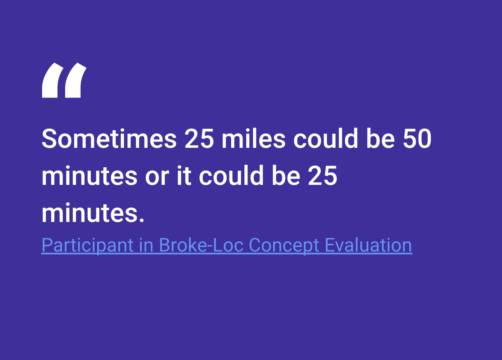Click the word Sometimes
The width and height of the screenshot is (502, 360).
109,139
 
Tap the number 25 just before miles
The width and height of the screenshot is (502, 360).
199,139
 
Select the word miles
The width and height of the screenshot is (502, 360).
253,139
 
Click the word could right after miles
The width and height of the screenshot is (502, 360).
325,139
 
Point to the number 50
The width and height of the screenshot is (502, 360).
417,139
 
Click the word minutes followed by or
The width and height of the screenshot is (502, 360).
89,176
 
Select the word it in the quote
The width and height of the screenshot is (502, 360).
184,176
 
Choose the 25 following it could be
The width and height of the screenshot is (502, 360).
323,176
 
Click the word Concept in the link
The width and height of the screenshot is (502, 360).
284,245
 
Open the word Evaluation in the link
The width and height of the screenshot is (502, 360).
368,245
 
